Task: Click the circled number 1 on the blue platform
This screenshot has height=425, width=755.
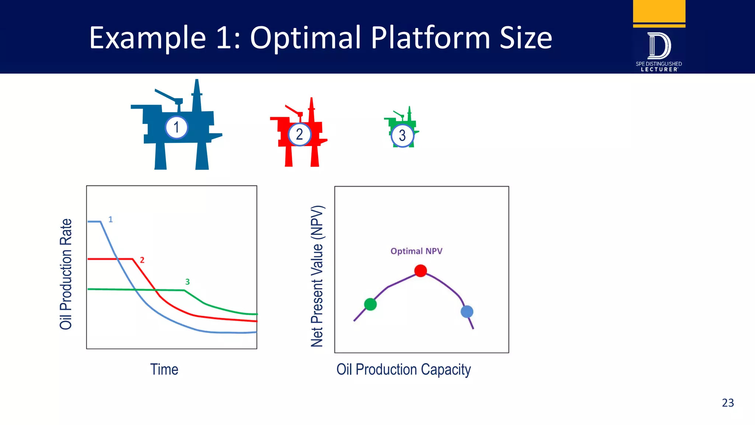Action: pos(177,127)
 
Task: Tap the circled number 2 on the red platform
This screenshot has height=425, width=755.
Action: pos(299,134)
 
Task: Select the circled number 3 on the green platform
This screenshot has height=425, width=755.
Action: pos(402,135)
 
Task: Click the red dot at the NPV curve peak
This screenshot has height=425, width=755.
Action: pos(421,270)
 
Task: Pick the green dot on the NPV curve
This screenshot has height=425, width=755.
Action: pos(370,304)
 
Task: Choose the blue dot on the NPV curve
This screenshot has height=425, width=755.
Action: pos(467,312)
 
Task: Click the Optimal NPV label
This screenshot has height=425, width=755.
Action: pos(416,251)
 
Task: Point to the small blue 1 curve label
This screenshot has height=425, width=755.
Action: pos(111,220)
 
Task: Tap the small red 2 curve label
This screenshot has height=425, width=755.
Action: pos(142,260)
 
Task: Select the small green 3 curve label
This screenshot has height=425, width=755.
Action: pos(187,282)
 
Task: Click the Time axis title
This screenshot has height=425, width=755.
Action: pos(164,369)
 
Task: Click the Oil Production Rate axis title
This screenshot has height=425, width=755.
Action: pos(66,274)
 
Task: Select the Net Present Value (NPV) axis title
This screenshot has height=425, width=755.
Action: pos(317,276)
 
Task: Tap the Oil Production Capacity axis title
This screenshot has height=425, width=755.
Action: pos(403,369)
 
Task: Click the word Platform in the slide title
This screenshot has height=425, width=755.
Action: pos(430,38)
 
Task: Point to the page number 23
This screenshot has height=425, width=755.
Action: pos(728,402)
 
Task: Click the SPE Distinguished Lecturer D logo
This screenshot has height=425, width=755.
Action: pos(659,46)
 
